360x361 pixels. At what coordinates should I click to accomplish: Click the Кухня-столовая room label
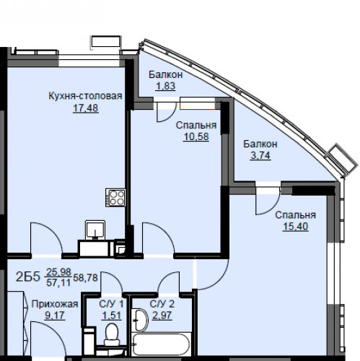point(85,96)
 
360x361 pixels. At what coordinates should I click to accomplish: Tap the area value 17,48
point(86,108)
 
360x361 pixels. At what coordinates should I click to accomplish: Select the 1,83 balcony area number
point(165,86)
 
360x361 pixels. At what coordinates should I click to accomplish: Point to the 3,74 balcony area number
point(260,155)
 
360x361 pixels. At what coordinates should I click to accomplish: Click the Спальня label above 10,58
point(196,126)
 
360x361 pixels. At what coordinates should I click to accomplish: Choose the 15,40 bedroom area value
point(296,227)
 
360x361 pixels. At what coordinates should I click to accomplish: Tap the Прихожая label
point(55,304)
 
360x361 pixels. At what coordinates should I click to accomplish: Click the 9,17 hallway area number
point(55,316)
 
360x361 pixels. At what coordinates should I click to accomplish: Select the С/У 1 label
point(111,304)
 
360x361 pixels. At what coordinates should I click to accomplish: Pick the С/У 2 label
point(162,304)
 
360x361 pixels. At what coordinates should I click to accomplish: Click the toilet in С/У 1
point(111,334)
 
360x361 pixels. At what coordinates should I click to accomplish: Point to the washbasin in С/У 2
point(140,320)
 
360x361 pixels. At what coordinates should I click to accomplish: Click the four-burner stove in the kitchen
point(115,198)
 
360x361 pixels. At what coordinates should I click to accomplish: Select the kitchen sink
point(95,230)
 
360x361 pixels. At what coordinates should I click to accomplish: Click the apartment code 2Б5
point(27,277)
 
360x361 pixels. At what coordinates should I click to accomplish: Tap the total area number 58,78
point(85,278)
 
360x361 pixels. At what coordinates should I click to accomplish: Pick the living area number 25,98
point(58,272)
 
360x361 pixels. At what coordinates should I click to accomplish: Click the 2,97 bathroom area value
point(162,316)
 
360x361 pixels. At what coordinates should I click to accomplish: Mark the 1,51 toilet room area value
point(111,316)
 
